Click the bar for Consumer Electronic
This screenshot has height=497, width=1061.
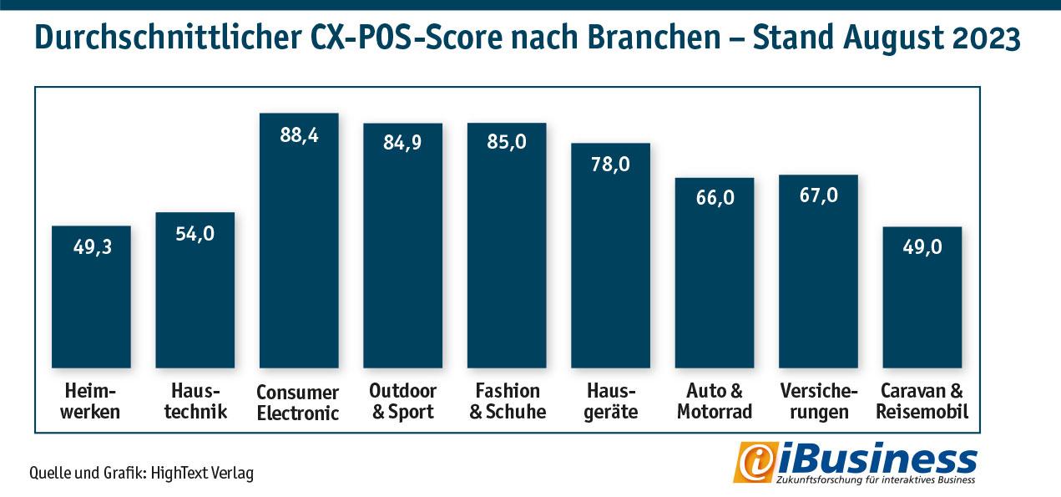299,241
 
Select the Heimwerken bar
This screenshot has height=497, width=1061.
91,297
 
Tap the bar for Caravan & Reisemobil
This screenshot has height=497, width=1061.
922,297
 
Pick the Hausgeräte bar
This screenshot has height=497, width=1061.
610,256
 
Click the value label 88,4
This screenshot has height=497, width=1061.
299,135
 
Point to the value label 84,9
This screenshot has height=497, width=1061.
402,142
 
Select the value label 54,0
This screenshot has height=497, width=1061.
195,234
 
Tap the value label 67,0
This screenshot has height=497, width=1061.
818,195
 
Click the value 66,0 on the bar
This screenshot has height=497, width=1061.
715,198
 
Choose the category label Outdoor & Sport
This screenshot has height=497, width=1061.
402,401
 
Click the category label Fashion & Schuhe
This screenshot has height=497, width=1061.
508,401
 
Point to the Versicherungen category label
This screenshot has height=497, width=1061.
819,401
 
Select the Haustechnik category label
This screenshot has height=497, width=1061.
195,401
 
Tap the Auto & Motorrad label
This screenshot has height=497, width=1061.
715,401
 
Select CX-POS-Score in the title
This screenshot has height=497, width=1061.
407,38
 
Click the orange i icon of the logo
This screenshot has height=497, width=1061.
755,463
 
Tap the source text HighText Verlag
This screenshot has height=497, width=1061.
202,474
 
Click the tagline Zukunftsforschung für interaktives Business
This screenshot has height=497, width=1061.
876,479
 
